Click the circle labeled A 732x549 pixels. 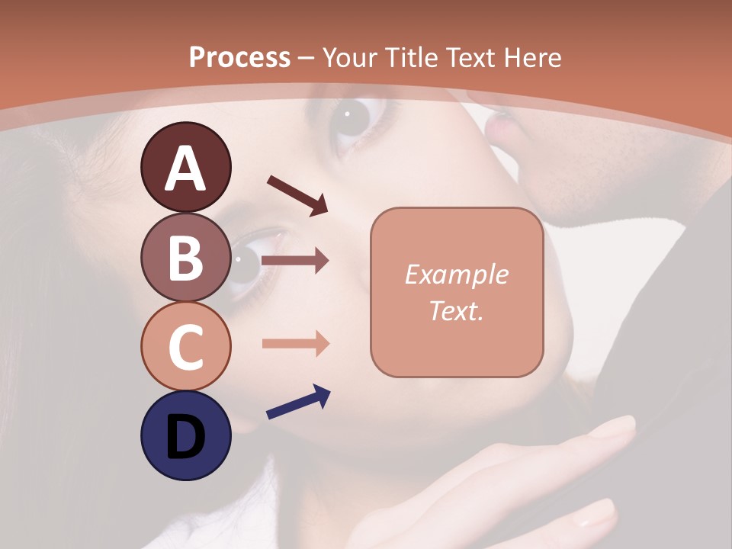click(x=185, y=167)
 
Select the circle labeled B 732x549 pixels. click(x=185, y=257)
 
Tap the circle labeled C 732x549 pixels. click(x=185, y=346)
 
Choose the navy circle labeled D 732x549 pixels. click(x=185, y=435)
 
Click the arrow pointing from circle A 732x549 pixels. click(x=297, y=194)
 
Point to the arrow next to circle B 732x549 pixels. click(x=295, y=261)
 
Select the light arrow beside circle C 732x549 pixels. click(x=295, y=344)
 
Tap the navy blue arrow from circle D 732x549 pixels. click(x=298, y=402)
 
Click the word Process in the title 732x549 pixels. click(x=239, y=57)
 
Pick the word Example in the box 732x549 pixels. click(x=456, y=274)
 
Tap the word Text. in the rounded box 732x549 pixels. click(x=456, y=310)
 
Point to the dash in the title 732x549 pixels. click(x=306, y=58)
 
